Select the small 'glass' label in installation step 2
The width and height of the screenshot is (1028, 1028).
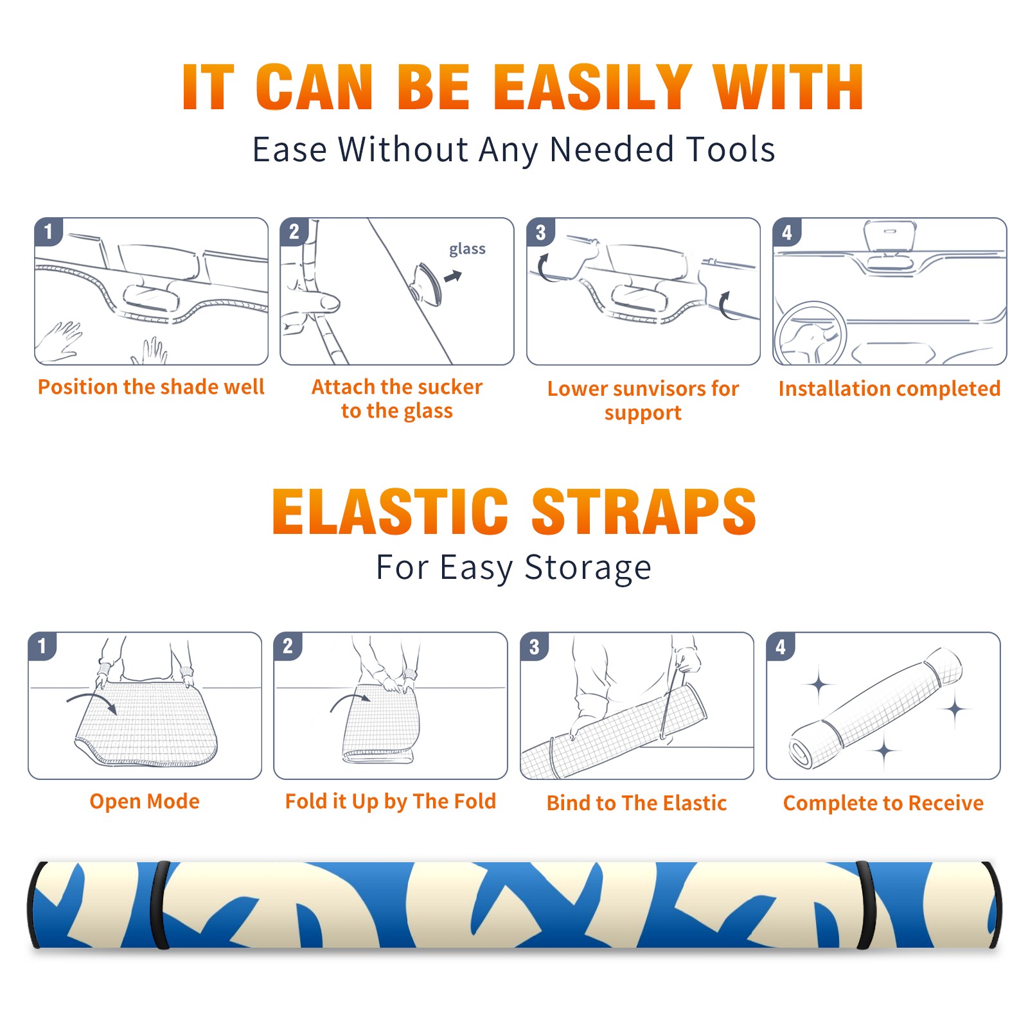click(467, 249)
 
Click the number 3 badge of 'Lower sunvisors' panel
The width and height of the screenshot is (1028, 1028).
click(540, 232)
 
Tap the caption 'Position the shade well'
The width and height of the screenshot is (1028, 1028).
click(151, 387)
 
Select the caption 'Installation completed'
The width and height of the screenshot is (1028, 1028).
click(889, 389)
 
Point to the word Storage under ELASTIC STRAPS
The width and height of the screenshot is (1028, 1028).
click(588, 569)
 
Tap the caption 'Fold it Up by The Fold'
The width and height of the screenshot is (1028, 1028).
click(391, 801)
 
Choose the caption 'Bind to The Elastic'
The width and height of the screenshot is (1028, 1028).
click(637, 803)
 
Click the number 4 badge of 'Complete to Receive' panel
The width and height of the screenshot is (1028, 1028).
click(781, 646)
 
